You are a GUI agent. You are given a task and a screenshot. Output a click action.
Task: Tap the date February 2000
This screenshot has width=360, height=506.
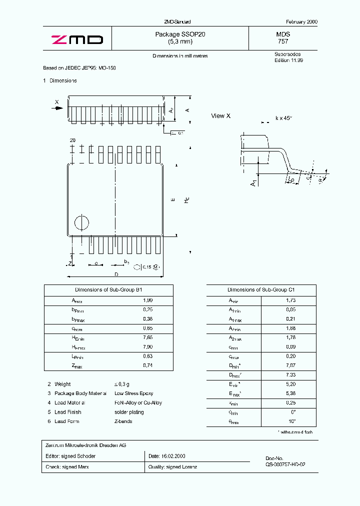click(301, 22)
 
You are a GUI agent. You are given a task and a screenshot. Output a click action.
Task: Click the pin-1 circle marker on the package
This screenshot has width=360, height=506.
click(81, 223)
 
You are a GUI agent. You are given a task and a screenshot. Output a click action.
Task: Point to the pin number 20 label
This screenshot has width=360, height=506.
click(72, 141)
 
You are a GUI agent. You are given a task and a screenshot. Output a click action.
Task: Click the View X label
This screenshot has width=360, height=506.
click(220, 116)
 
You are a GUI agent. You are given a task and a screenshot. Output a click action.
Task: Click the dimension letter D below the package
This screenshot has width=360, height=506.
click(116, 274)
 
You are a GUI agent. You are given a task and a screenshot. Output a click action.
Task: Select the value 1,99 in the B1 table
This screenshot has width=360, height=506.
click(147, 300)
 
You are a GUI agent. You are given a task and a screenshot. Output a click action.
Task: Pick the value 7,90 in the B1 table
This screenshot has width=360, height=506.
click(147, 347)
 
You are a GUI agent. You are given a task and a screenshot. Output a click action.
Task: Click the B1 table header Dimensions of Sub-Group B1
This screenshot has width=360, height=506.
click(108, 290)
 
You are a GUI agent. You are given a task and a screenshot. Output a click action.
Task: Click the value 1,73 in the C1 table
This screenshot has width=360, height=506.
click(290, 300)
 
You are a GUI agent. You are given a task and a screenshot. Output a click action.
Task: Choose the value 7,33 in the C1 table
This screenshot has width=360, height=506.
click(290, 375)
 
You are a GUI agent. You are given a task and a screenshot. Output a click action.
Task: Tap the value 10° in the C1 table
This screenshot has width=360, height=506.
click(292, 421)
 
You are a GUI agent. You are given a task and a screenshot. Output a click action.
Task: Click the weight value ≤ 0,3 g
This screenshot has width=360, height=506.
click(122, 384)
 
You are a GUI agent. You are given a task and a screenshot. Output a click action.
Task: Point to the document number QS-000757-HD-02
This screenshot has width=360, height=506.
click(285, 464)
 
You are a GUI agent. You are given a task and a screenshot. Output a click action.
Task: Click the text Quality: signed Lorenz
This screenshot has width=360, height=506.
click(172, 467)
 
